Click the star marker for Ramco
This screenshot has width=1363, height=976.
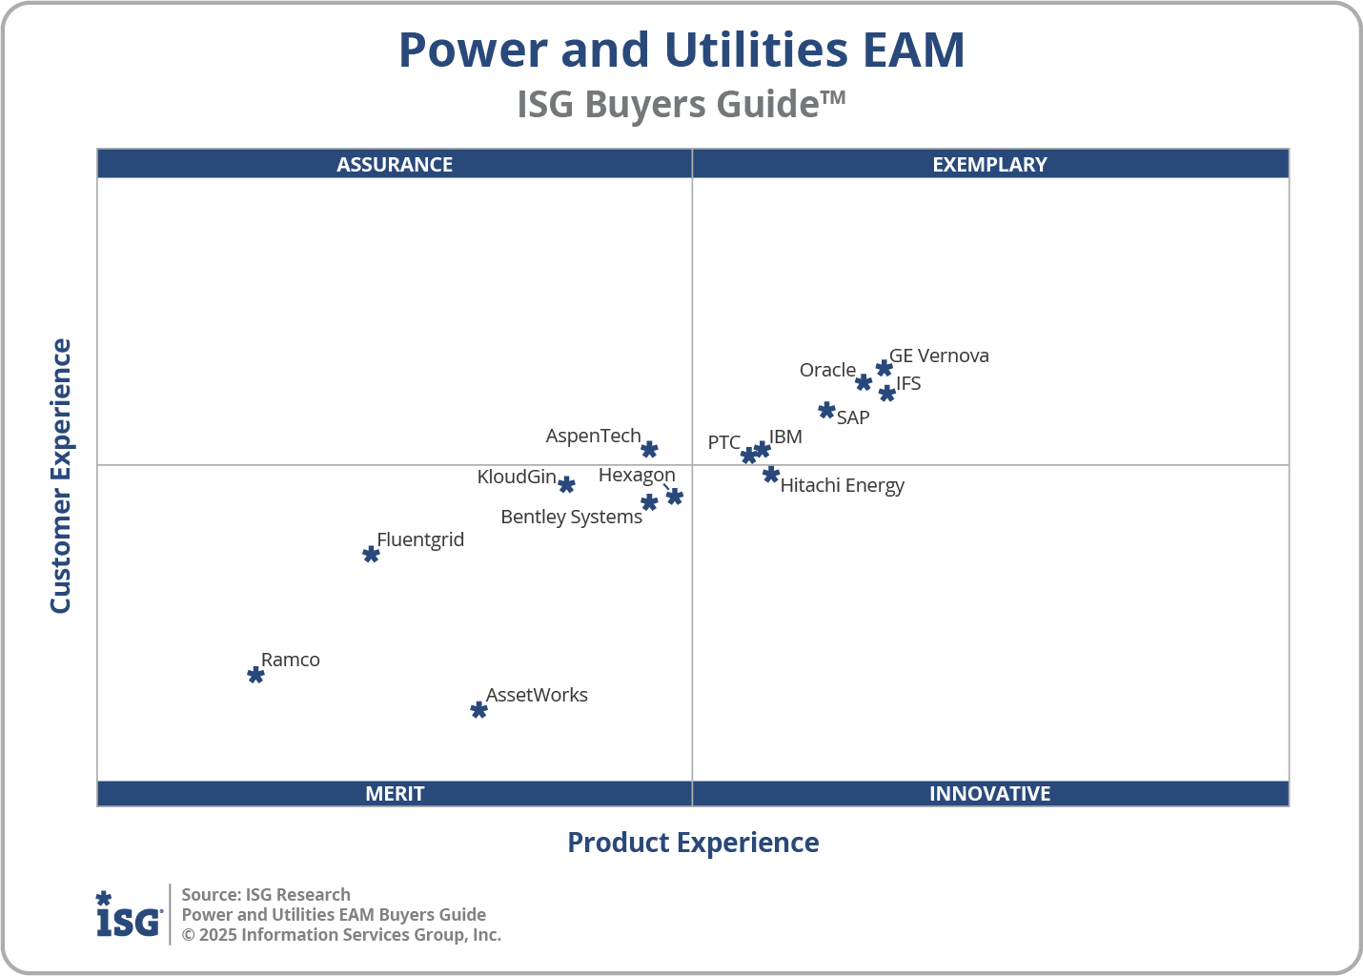click(x=255, y=675)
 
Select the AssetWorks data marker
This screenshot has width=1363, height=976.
click(x=479, y=710)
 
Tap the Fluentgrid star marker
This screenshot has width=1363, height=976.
click(x=372, y=555)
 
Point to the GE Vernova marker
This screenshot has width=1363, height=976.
click(x=885, y=369)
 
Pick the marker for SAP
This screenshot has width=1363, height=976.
click(x=826, y=411)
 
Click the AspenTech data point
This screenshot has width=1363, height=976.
click(x=649, y=450)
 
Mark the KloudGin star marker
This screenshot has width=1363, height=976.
click(x=566, y=485)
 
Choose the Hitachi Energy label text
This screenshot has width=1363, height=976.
click(x=842, y=485)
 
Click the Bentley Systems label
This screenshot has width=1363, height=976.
click(x=571, y=517)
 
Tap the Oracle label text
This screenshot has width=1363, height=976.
click(x=827, y=370)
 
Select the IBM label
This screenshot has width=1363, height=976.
click(x=785, y=437)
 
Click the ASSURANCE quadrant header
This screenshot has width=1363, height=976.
click(x=395, y=164)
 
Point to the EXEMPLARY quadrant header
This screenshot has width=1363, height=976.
click(x=989, y=164)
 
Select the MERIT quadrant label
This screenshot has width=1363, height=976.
click(x=395, y=793)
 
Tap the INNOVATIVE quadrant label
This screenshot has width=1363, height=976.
click(x=989, y=793)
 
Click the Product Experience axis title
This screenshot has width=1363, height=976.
click(x=693, y=843)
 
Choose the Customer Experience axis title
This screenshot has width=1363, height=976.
click(x=61, y=477)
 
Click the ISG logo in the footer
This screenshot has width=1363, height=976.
click(x=129, y=915)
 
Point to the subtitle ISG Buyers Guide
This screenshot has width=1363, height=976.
click(x=681, y=104)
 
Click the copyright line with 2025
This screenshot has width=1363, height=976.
click(x=341, y=935)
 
